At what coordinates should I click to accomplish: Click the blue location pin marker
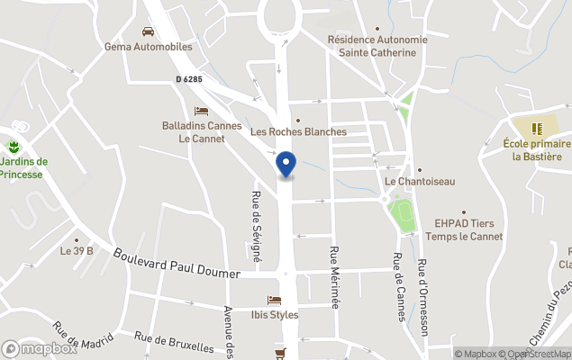(x=286, y=164)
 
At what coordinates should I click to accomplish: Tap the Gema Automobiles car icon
(x=148, y=31)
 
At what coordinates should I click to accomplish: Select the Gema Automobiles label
(x=149, y=47)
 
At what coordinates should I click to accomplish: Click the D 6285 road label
(x=189, y=79)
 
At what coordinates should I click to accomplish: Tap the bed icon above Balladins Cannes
(x=201, y=111)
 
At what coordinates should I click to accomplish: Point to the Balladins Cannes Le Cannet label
(x=202, y=132)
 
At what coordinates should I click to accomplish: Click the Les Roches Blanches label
(x=298, y=131)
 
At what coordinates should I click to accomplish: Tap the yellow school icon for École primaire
(x=537, y=129)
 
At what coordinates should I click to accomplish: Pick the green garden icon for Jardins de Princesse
(x=13, y=147)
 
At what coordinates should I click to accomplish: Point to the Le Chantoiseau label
(x=420, y=181)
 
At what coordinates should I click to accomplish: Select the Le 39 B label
(x=77, y=251)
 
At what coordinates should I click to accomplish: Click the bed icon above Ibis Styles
(x=275, y=300)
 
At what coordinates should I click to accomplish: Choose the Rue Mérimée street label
(x=334, y=277)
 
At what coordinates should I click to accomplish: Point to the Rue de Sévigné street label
(x=256, y=227)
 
